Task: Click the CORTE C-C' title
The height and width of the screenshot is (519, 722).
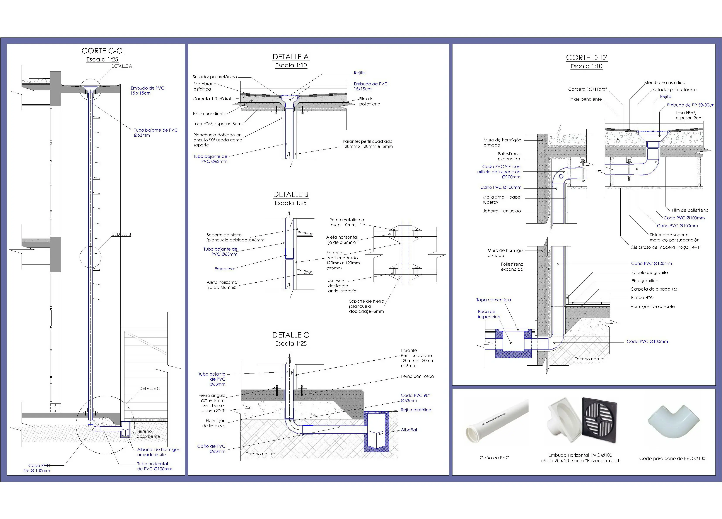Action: click(x=102, y=51)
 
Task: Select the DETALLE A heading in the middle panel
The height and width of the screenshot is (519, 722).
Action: click(x=291, y=57)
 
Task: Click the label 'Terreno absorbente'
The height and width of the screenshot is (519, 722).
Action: click(x=148, y=434)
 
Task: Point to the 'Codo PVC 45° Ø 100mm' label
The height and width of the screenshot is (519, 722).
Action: click(x=37, y=468)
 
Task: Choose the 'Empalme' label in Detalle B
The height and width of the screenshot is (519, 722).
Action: click(x=224, y=269)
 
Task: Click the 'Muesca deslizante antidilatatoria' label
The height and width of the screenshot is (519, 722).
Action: click(x=342, y=286)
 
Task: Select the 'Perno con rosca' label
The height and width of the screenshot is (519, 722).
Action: click(x=417, y=377)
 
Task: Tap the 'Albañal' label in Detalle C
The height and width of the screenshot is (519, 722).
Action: click(x=409, y=430)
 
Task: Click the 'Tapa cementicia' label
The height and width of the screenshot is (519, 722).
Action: click(x=493, y=300)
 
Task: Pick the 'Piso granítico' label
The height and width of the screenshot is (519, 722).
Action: click(x=645, y=281)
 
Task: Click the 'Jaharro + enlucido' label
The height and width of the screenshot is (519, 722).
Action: click(x=502, y=211)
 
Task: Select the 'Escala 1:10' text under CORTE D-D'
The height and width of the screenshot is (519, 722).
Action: click(x=586, y=66)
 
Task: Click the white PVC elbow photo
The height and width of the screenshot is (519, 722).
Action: click(x=674, y=422)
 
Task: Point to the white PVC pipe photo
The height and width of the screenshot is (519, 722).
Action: click(x=497, y=420)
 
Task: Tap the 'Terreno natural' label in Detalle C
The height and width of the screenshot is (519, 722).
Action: click(x=261, y=454)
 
